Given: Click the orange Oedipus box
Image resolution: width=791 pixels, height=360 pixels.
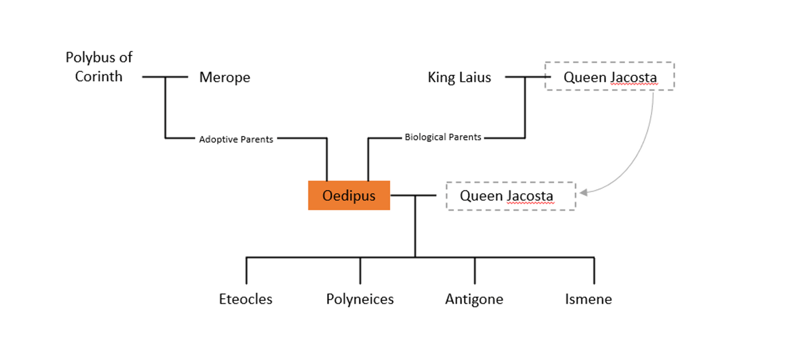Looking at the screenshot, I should point(349,196).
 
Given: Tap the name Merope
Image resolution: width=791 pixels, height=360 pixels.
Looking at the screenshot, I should point(225,78).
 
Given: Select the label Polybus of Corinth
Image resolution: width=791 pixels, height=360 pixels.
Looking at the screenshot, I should point(99,67).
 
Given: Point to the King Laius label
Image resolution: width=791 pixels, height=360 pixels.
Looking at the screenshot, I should point(459,78).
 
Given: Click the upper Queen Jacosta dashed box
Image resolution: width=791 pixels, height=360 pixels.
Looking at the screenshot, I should point(609,76).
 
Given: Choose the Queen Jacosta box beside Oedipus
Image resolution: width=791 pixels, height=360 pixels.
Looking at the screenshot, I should point(510,196).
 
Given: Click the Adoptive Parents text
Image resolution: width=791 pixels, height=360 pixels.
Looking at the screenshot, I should point(236,139).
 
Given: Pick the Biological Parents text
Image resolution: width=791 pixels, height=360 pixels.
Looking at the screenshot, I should point(443,137).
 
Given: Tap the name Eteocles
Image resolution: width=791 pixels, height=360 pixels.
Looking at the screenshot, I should point(246,299).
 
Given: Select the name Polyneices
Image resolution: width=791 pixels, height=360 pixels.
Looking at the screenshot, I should point(360,299).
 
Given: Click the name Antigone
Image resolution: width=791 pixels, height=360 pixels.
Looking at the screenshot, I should point(474,299).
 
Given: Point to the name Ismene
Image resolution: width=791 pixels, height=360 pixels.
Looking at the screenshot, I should point(588,299).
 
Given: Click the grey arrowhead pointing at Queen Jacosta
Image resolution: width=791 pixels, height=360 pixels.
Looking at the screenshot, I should point(584,192).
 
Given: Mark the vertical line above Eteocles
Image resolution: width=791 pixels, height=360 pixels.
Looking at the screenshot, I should point(247,270).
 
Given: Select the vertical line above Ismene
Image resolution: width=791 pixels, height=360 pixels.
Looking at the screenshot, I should point(594,270).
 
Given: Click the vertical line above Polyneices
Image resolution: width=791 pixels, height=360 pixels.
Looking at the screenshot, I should point(360,270).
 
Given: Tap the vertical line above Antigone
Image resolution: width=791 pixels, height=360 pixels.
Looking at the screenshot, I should point(475,270).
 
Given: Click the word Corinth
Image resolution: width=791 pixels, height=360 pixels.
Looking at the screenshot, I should point(99,76).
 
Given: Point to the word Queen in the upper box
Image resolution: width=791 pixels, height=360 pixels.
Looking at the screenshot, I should point(581,78).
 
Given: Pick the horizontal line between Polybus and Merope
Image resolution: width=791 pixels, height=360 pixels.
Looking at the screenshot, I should point(165,76).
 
